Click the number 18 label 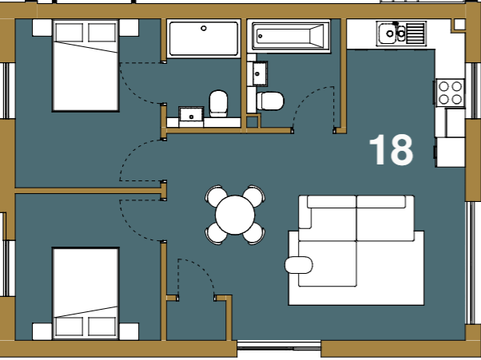392,150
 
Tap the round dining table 235,215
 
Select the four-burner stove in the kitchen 450,93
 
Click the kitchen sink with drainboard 402,34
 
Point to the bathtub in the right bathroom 288,36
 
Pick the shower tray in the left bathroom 204,38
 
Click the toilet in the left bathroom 218,104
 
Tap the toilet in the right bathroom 270,101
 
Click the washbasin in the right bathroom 260,74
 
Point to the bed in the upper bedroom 85,65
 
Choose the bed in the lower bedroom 85,294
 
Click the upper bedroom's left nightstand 42,28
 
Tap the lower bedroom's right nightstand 129,331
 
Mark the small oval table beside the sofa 299,265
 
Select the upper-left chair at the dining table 216,195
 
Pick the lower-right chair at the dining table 254,235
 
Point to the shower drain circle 204,28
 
